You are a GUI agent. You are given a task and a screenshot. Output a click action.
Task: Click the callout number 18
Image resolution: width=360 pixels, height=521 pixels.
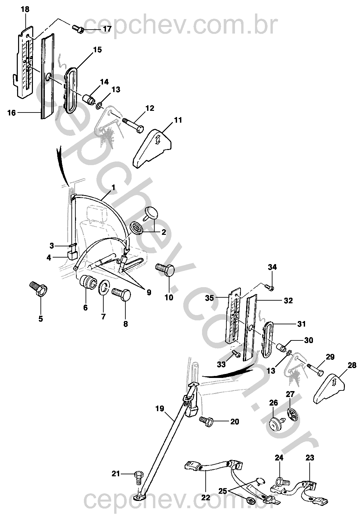coord(25,9)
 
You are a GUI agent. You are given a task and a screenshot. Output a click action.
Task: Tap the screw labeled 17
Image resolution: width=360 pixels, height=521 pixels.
coord(78,29)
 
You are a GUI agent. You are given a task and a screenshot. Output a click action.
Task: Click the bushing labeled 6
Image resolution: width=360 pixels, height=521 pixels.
coord(88,283)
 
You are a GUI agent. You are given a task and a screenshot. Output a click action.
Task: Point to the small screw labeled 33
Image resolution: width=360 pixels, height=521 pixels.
coord(236,354)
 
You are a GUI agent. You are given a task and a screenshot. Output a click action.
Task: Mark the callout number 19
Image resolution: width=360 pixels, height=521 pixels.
coord(159,409)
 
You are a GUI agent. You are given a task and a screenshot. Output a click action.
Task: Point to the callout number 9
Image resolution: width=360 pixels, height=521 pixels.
coord(149,292)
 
